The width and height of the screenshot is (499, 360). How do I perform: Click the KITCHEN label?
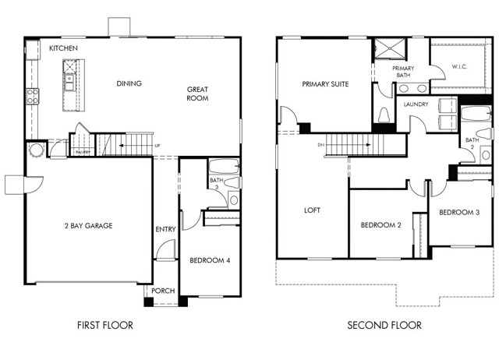[x=63, y=48]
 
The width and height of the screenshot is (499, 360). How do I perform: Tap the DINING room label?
[x=129, y=83]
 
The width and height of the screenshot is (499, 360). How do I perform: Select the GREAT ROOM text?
[x=197, y=94]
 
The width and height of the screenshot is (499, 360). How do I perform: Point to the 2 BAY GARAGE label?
[x=88, y=226]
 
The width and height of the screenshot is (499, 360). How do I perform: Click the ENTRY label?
[x=165, y=229]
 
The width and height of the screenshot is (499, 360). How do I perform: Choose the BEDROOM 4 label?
[x=210, y=259]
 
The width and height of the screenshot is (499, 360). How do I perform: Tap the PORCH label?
[x=163, y=291]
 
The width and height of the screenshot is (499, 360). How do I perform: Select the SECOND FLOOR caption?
[x=384, y=325]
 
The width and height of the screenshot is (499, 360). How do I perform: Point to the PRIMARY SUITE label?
[x=325, y=83]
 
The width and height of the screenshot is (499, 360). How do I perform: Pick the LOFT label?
[x=312, y=210]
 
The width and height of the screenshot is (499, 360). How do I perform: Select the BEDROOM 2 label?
[x=380, y=226]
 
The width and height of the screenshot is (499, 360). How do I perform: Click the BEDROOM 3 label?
[x=459, y=212]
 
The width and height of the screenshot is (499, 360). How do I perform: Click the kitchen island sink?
[x=69, y=78]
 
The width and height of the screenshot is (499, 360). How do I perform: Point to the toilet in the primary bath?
[x=384, y=115]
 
